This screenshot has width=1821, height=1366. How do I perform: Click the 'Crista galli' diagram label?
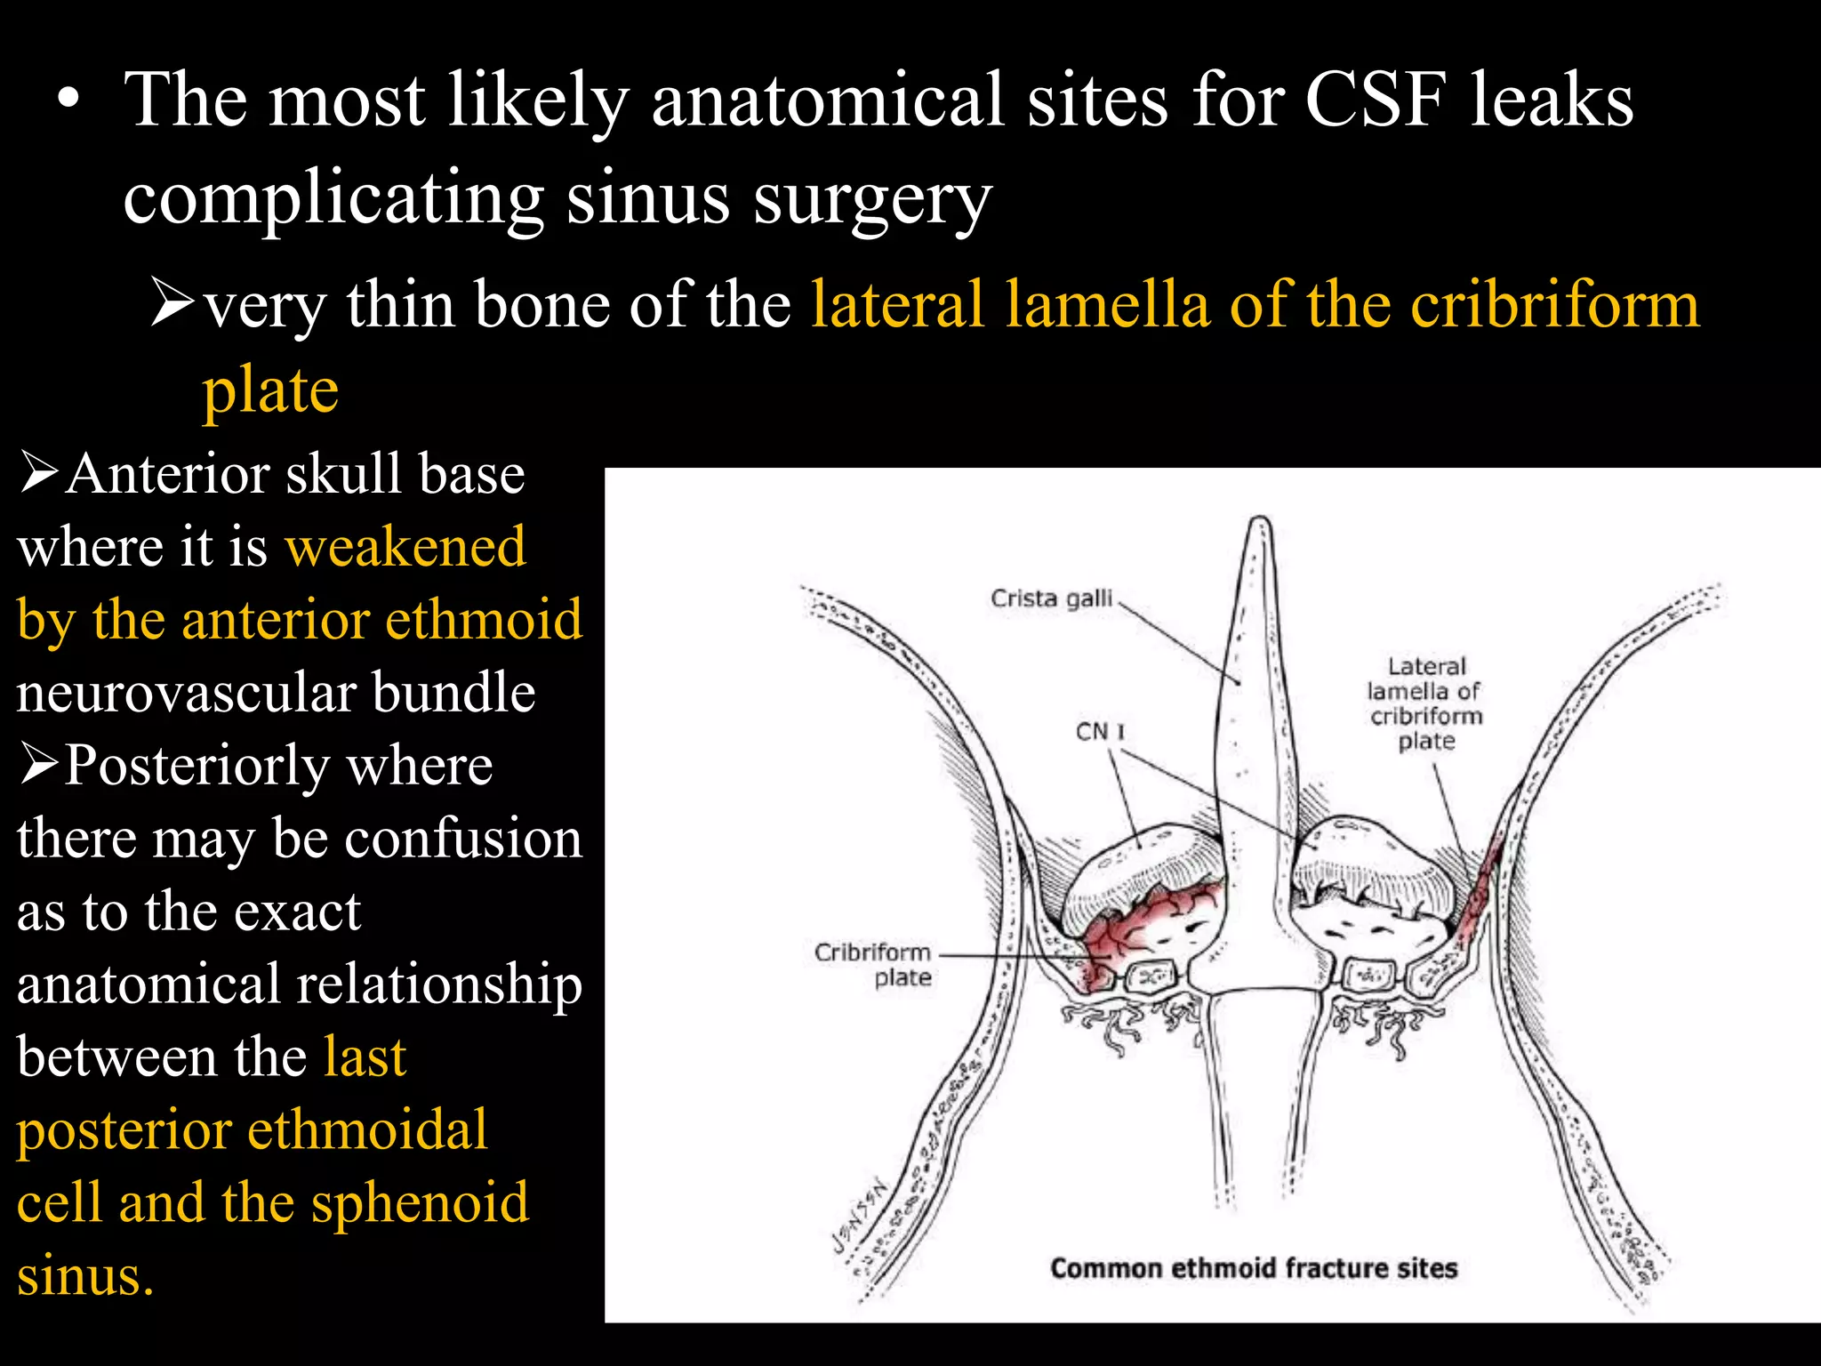[1051, 599]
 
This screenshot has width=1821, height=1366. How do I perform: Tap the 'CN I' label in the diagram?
[1100, 732]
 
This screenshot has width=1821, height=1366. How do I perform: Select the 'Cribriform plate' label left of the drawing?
[873, 965]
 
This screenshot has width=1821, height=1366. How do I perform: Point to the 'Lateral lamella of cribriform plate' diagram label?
[1425, 703]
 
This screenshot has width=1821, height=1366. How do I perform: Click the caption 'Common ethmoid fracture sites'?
[1254, 1267]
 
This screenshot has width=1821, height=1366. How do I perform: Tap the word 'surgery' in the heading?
[871, 197]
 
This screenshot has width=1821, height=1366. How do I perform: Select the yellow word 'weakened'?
[405, 546]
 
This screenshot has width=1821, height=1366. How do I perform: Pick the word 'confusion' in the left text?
[462, 838]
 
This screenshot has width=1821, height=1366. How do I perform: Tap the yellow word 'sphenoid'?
[420, 1202]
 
